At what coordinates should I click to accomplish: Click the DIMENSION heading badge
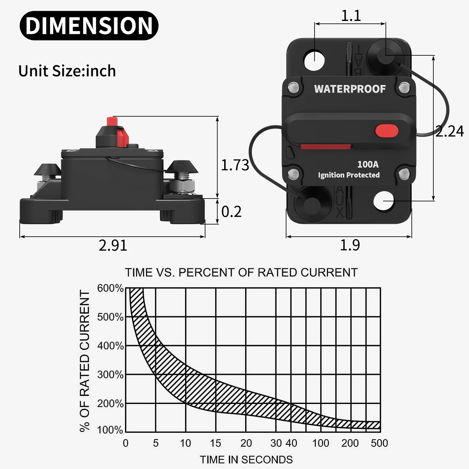(x=89, y=26)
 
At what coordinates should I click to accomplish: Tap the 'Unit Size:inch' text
(x=67, y=71)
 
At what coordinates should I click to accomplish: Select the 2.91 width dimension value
(x=113, y=245)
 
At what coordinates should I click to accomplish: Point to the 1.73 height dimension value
(x=235, y=165)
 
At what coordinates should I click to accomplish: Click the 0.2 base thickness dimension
(x=231, y=212)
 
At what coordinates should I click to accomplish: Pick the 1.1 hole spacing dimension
(x=351, y=16)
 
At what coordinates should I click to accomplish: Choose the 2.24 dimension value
(x=450, y=131)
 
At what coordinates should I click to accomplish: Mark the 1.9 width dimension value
(x=350, y=245)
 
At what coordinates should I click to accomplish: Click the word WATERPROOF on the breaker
(x=350, y=89)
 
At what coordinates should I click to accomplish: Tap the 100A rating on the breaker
(x=368, y=164)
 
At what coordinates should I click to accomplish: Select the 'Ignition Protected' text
(x=349, y=175)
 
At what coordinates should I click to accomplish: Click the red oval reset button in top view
(x=386, y=131)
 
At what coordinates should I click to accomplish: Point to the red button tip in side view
(x=112, y=121)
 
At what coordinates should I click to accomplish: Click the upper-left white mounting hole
(x=315, y=60)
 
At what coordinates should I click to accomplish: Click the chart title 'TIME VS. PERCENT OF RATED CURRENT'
(x=241, y=273)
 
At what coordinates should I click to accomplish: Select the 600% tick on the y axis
(x=110, y=288)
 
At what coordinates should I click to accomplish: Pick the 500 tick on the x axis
(x=379, y=443)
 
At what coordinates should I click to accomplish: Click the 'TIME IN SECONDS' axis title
(x=246, y=460)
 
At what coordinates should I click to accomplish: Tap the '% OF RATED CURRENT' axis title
(x=85, y=361)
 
